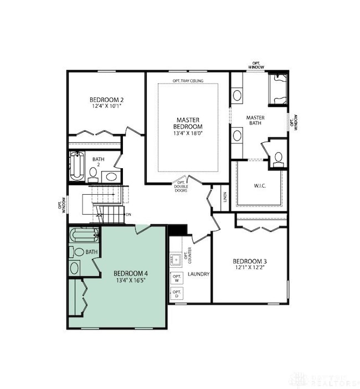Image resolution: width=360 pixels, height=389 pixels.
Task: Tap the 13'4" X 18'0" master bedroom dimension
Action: (x=188, y=133)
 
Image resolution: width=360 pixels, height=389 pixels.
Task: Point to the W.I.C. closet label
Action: (x=259, y=185)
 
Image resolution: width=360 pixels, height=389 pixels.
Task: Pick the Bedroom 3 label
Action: (x=250, y=261)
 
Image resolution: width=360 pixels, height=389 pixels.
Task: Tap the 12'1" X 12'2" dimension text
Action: (x=250, y=268)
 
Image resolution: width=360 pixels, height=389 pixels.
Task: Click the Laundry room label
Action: (x=198, y=274)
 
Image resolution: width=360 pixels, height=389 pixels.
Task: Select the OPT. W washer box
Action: (x=177, y=278)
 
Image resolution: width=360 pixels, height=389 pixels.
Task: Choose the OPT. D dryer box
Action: (x=177, y=294)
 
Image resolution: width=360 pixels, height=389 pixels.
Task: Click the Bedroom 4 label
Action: (x=131, y=273)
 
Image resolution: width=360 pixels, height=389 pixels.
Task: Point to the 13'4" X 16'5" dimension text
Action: (x=131, y=281)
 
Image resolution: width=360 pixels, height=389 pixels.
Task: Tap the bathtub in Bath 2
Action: (x=76, y=166)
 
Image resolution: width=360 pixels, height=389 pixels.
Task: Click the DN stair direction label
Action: (x=128, y=214)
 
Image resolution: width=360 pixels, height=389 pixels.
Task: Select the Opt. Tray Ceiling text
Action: (x=188, y=81)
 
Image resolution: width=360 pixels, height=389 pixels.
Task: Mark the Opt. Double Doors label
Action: (x=181, y=186)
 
